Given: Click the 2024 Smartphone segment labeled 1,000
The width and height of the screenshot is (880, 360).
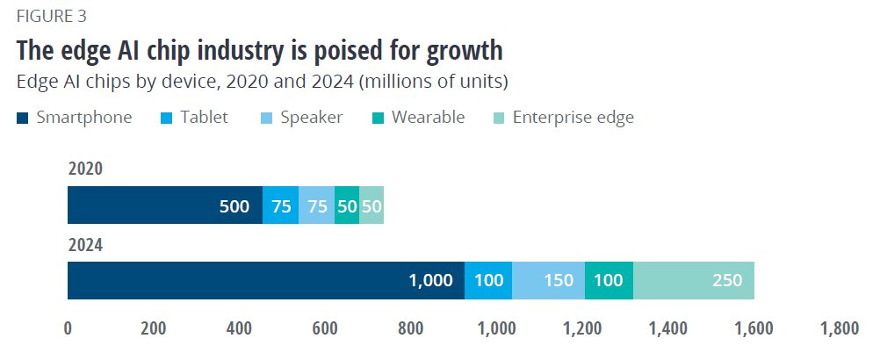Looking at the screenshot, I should (265, 280).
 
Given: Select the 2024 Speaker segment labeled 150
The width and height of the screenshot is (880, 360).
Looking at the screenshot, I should (548, 280).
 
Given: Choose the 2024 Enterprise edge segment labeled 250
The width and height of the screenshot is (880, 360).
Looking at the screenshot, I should (694, 280).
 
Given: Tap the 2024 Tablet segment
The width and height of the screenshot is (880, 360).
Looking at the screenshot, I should (487, 280).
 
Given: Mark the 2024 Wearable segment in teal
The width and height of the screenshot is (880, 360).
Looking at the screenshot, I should (609, 280).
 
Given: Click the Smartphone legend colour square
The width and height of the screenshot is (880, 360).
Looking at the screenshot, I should (22, 118).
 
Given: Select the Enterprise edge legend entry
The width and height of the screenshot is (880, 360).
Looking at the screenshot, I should (573, 117).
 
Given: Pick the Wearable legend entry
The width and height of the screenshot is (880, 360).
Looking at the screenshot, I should (429, 117).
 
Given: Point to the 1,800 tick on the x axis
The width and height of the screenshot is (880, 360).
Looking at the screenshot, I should (839, 329).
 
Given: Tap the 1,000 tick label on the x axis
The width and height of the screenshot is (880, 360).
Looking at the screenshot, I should (496, 329).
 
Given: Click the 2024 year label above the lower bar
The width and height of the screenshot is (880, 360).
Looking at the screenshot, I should (85, 245).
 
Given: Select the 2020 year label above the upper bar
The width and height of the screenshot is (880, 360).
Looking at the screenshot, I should (85, 169).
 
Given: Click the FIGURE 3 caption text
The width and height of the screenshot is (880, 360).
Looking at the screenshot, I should (51, 16).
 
